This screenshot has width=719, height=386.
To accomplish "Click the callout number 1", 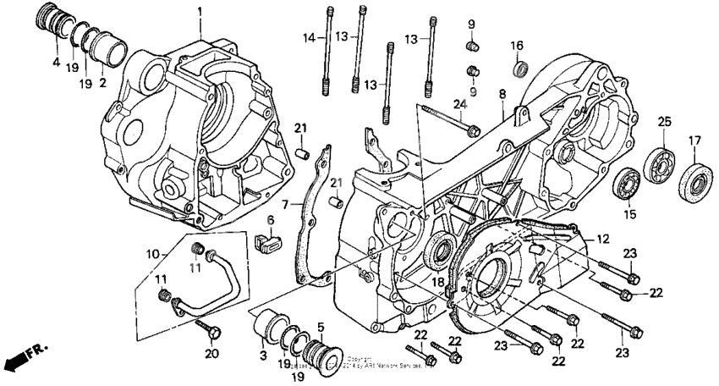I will pyautogui.click(x=200, y=12).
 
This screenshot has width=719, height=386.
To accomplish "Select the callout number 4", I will pyautogui.click(x=55, y=63).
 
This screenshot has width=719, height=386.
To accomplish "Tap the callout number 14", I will pyautogui.click(x=310, y=37).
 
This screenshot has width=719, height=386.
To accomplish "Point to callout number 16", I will pyautogui.click(x=517, y=45).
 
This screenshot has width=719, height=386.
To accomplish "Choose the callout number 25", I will pyautogui.click(x=665, y=120).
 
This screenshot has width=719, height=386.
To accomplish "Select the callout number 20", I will pyautogui.click(x=211, y=353).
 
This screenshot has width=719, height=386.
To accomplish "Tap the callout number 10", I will pyautogui.click(x=152, y=253).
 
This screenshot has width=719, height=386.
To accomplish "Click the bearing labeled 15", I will pyautogui.click(x=627, y=185).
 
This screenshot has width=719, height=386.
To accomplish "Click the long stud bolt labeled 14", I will pyautogui.click(x=326, y=51).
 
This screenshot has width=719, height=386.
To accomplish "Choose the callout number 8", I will pyautogui.click(x=502, y=94).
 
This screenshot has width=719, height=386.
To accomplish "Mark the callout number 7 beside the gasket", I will pyautogui.click(x=285, y=204).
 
